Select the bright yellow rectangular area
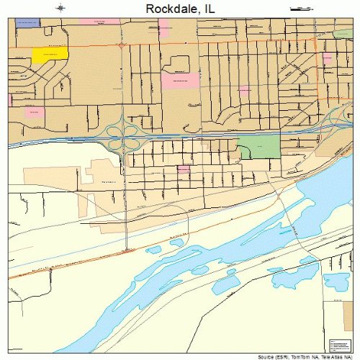tap(50, 53)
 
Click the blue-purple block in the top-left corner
tap(27, 23)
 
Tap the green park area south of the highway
tap(258, 147)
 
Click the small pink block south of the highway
tap(184, 168)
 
